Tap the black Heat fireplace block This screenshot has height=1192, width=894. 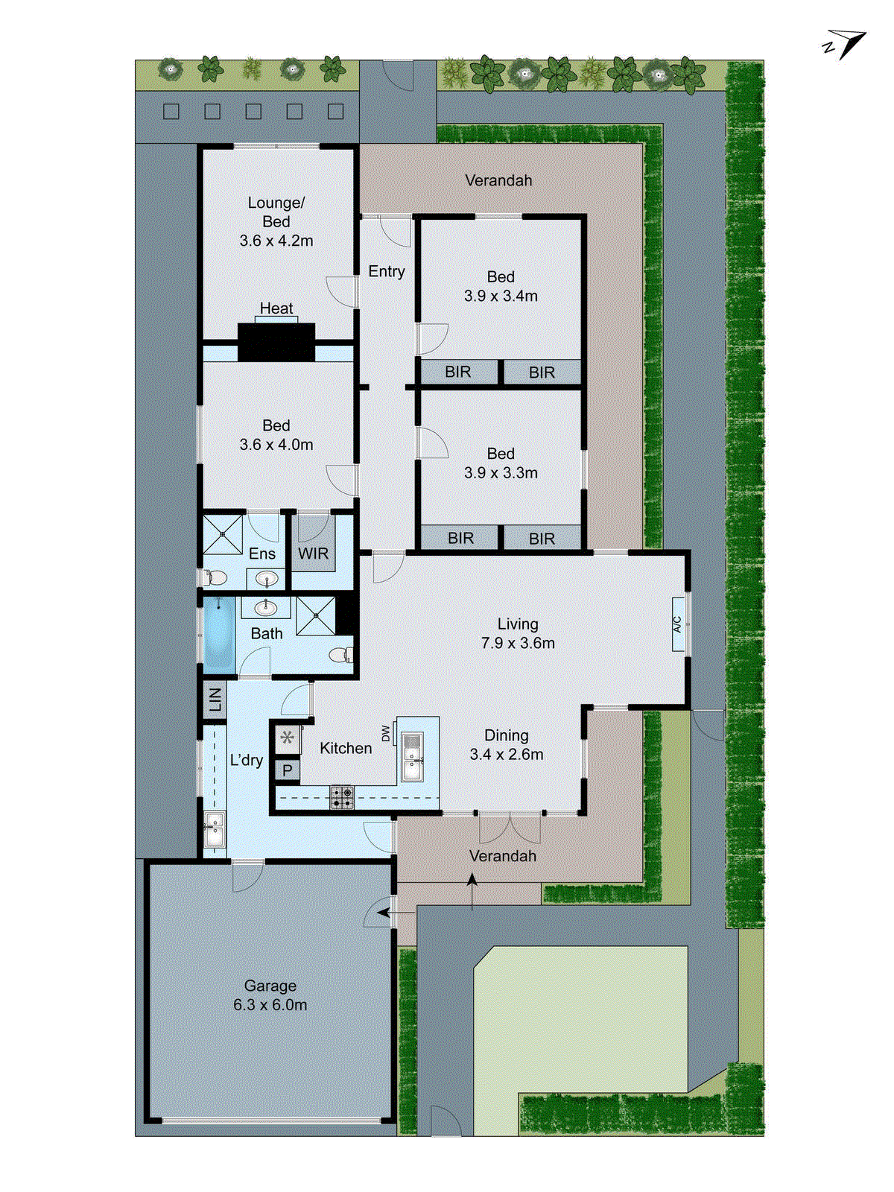coord(276,342)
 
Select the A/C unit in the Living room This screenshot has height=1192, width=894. coord(678,624)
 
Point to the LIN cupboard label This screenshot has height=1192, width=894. coord(215,700)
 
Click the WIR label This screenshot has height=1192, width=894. coord(313,554)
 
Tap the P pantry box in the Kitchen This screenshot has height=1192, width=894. coord(288,770)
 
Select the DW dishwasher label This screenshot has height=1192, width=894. coord(386,733)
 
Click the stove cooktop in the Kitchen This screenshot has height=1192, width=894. coord(342,797)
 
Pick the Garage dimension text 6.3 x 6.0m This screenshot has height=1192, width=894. coord(270,1005)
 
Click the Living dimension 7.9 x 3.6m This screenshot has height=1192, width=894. coord(518,643)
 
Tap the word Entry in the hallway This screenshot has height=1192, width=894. coord(386,271)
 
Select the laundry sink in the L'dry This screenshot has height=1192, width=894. coord(215,829)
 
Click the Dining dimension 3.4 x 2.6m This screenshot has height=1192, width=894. coord(507,754)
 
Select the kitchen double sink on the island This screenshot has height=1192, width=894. coord(412,756)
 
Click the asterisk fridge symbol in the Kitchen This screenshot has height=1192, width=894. coord(288,739)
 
